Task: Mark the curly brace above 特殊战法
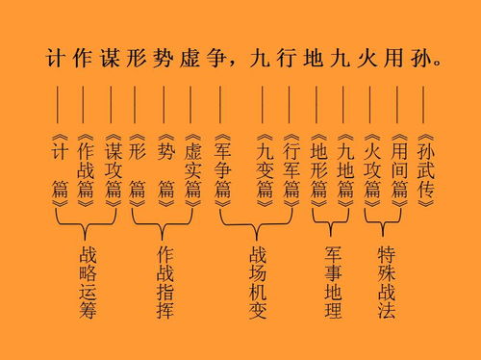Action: coord(385,224)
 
